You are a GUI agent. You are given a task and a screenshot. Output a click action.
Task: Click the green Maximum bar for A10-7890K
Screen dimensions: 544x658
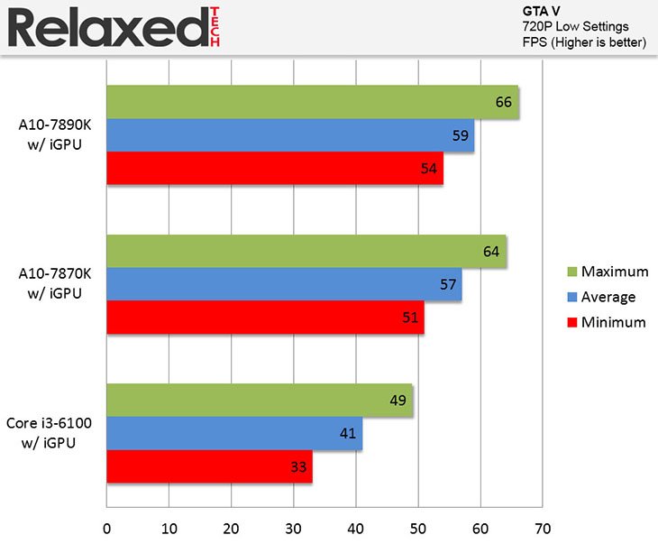coord(312,102)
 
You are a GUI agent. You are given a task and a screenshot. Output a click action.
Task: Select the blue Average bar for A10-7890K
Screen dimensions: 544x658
coord(290,135)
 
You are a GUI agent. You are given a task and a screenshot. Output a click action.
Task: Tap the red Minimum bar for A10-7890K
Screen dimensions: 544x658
coord(275,168)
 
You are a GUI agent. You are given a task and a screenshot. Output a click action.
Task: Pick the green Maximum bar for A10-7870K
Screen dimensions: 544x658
coord(306,251)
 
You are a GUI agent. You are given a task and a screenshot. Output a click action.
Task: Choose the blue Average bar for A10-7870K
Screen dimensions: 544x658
coord(284,284)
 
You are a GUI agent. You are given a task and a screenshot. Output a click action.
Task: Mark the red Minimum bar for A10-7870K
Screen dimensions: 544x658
coord(265,318)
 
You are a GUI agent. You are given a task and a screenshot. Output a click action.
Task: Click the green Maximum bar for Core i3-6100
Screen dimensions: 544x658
coord(260,401)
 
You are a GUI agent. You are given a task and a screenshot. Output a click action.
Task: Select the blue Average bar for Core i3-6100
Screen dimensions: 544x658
coord(234,434)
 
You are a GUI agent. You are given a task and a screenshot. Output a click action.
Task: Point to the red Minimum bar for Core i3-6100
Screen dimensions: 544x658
coord(209,466)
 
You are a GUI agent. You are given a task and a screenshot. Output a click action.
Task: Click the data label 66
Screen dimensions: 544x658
coord(504,103)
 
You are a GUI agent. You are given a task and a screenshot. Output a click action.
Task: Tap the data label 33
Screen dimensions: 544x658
coord(297,467)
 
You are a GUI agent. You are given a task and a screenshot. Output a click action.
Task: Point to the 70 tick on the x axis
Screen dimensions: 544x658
coord(542,527)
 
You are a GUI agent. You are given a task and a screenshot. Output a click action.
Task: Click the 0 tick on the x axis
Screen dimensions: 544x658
coord(107,527)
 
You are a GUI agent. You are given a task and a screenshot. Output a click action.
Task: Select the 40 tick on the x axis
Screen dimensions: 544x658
coord(355,527)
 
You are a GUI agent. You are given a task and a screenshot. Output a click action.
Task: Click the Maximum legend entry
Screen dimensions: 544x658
coord(615,272)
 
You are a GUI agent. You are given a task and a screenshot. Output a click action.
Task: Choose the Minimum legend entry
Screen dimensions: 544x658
coord(614,322)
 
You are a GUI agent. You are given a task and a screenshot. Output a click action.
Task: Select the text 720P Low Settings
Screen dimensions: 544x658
coord(575,26)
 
